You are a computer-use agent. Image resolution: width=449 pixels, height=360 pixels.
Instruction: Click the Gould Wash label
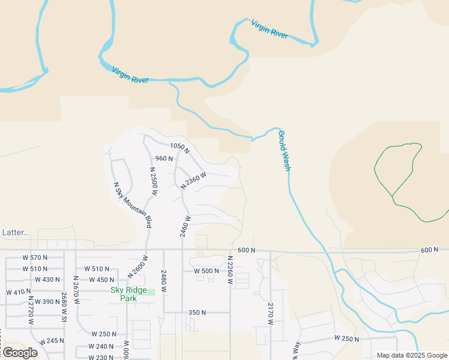(x=284, y=152)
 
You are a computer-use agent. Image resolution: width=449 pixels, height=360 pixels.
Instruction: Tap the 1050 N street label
(x=179, y=147)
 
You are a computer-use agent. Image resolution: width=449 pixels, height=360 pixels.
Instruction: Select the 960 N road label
(x=164, y=159)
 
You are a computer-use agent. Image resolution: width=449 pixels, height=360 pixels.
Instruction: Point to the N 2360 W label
(x=194, y=182)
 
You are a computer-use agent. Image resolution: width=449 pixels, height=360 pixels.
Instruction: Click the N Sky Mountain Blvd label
(x=132, y=204)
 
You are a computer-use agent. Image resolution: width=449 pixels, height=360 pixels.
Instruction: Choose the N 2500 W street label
(x=153, y=182)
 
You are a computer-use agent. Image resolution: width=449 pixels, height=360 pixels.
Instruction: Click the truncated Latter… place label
(x=16, y=232)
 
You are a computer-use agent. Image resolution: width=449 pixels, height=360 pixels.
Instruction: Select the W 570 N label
(x=34, y=257)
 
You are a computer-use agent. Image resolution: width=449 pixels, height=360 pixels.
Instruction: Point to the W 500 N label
(x=206, y=271)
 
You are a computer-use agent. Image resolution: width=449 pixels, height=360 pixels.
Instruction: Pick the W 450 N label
(x=99, y=280)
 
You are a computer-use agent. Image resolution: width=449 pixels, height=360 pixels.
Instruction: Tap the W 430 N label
(x=47, y=280)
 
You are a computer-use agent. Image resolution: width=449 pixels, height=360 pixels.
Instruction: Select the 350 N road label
(x=197, y=313)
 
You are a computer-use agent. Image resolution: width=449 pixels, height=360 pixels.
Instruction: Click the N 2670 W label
(x=76, y=290)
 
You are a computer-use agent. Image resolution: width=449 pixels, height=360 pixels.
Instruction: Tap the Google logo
(x=19, y=352)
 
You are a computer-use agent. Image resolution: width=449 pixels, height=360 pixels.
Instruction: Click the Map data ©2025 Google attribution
(x=412, y=355)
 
